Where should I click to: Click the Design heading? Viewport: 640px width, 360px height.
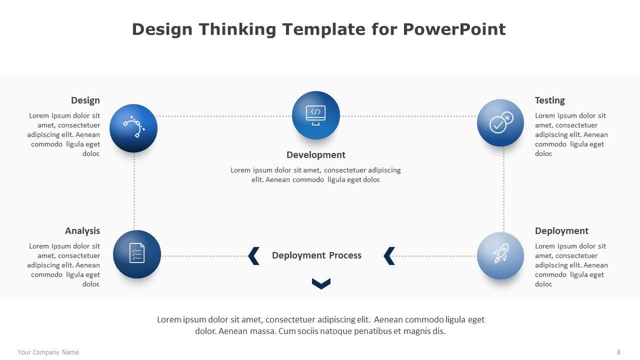coord(85,100)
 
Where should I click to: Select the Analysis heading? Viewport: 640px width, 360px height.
coord(82,231)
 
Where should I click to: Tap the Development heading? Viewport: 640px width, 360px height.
coord(316,155)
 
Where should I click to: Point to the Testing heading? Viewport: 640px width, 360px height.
coord(550,100)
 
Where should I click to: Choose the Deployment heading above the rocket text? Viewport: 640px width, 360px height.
coord(561,231)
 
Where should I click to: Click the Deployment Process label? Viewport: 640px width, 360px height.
coord(316,255)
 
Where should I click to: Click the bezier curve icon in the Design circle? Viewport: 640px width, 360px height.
coord(133,127)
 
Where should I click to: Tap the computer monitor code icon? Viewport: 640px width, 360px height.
coord(315,115)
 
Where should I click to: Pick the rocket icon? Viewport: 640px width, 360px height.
coord(501,253)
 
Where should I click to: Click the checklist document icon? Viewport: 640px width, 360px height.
coord(137,253)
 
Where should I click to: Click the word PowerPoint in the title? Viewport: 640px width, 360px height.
coord(454,29)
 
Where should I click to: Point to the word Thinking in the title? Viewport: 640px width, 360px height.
coord(237,29)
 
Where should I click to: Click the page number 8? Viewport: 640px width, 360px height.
coord(618,352)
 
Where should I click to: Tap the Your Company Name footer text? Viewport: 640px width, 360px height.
coord(48,352)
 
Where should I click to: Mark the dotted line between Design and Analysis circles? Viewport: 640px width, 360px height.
coord(134,191)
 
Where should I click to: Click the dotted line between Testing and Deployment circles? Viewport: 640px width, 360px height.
coord(503,189)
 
